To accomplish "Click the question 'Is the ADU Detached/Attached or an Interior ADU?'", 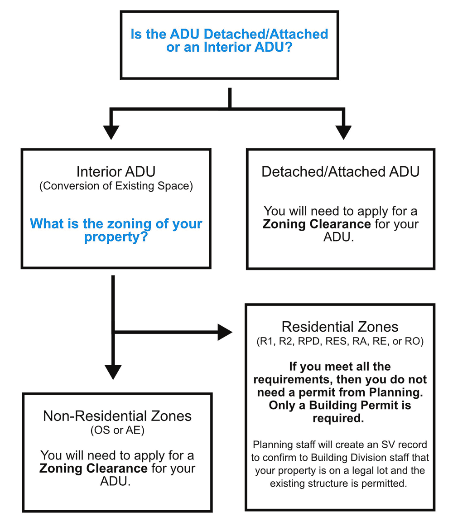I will [229, 41].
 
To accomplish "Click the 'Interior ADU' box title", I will [116, 172].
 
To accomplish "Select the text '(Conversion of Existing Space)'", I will [116, 187].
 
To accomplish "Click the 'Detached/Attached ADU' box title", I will [340, 172].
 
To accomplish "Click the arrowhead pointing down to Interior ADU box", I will [111, 132].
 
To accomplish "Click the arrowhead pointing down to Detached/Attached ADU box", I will [343, 132].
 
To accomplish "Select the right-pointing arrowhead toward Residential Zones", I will [225, 332].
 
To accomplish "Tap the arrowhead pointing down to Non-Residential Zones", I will [113, 372].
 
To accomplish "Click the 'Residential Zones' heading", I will [340, 327].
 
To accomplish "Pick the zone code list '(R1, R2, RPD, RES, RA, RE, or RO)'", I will [340, 342].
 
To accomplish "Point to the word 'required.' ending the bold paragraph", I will [338, 419].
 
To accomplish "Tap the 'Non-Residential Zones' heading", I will [117, 416].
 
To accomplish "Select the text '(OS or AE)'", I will [117, 431].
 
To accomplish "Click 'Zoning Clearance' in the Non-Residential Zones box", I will [93, 468].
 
